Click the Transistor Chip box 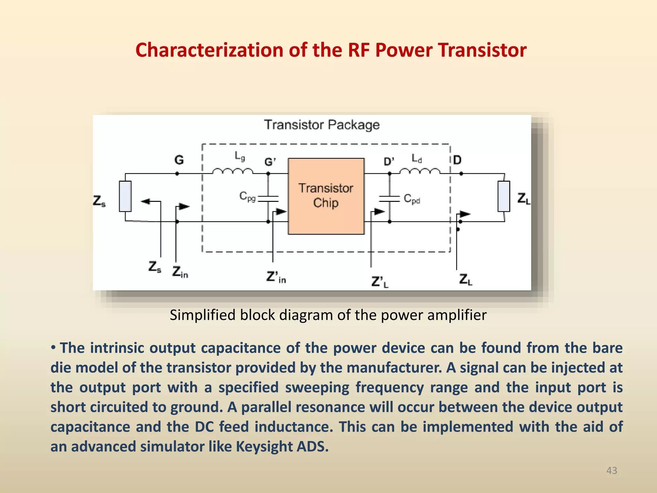point(326,196)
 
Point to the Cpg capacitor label point(247,196)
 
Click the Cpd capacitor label point(412,199)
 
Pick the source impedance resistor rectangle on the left point(125,196)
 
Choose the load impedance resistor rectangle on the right point(504,196)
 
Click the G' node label point(270,162)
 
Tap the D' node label point(389,161)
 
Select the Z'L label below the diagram point(380,282)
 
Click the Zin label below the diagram point(180,272)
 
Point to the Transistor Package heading point(322,125)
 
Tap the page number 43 point(611,471)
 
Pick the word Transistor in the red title point(482,50)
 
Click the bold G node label point(179,160)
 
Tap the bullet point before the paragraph point(54,347)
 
